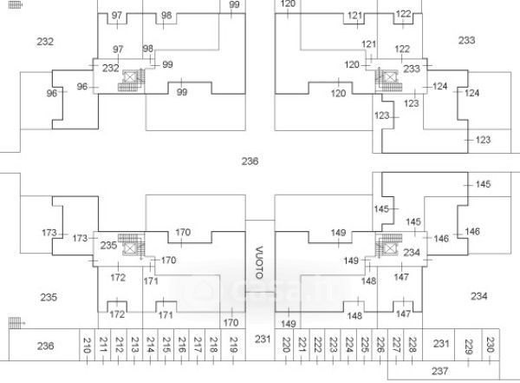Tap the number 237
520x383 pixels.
pos(439,372)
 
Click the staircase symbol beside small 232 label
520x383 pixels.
pos(133,81)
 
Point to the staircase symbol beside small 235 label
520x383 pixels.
pos(131,245)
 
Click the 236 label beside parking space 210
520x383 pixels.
pos(45,346)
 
